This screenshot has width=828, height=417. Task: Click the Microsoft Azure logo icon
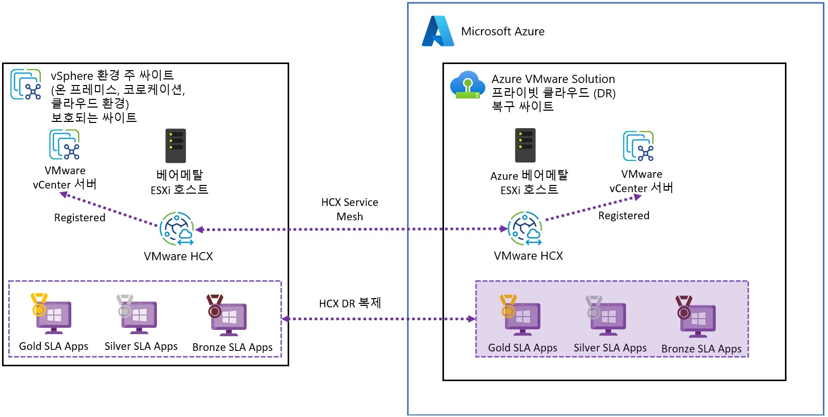coord(438,31)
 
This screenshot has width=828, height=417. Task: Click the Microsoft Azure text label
coord(502,32)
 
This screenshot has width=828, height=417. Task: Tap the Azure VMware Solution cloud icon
coord(467,85)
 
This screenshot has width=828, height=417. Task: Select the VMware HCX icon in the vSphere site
coord(177,229)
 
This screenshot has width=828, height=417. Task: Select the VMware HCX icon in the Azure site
coord(525,228)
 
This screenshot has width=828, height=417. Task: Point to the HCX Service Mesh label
coord(350,210)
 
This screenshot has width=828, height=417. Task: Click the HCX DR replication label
coord(350,303)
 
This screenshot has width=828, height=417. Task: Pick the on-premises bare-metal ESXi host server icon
coord(176,146)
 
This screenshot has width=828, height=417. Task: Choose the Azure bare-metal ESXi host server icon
coord(526,145)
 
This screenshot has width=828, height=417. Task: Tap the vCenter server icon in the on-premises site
coord(65,144)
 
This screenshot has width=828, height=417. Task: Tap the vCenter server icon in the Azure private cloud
coord(638,146)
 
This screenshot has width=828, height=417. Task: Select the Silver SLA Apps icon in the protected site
coord(137,314)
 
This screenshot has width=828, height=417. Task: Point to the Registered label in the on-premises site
coord(80,218)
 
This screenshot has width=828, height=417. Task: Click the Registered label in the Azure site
coord(624,216)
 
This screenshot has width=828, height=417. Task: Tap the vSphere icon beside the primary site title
coord(26,85)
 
